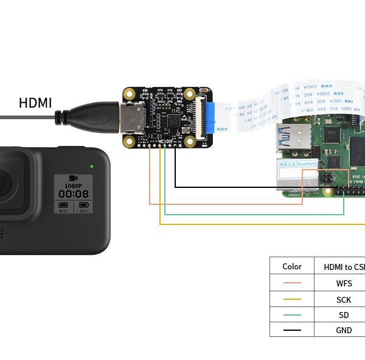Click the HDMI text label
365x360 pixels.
click(35, 103)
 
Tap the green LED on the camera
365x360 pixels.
click(91, 166)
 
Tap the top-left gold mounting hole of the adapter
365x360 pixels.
click(129, 94)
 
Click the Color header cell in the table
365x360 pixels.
click(292, 266)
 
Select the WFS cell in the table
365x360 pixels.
click(343, 283)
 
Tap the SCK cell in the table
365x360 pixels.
click(343, 300)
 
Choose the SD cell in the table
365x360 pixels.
click(343, 316)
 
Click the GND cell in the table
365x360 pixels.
click(343, 330)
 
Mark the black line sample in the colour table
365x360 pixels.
click(292, 330)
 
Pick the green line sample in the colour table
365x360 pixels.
click(292, 316)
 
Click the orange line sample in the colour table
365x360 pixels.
click(292, 283)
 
